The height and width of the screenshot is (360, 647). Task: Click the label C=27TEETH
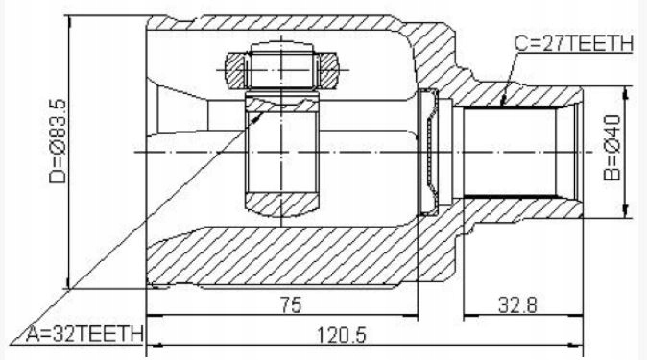(x=573, y=44)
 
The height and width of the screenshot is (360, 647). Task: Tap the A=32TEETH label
(x=85, y=333)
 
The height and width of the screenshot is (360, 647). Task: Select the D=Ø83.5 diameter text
(x=57, y=141)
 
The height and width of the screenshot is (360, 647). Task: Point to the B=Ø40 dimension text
(x=611, y=148)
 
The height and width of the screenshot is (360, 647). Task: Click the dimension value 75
(x=291, y=305)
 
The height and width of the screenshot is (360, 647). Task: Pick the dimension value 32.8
(x=517, y=306)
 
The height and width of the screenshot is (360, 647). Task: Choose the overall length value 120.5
(x=341, y=335)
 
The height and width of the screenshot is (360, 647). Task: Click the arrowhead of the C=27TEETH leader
(x=503, y=101)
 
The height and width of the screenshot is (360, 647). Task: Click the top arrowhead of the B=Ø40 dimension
(x=627, y=93)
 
